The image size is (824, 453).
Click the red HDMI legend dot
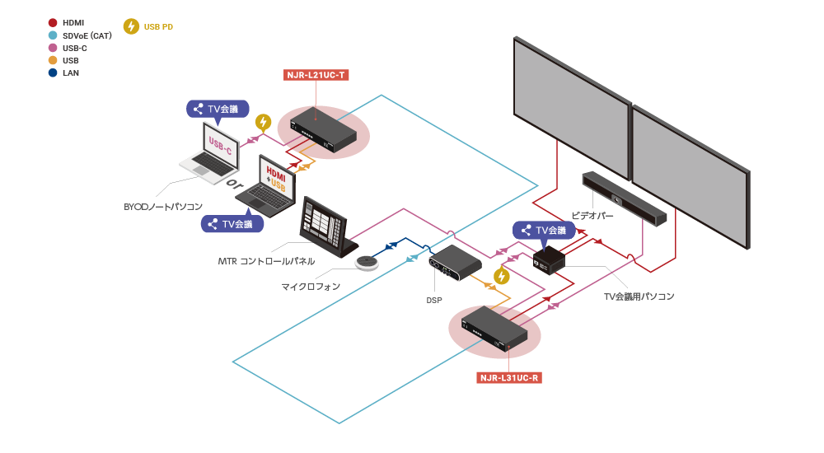(x=54, y=23)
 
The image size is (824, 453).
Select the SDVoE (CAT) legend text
(x=87, y=35)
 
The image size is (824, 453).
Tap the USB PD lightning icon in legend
(x=131, y=26)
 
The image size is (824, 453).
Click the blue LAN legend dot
(x=54, y=72)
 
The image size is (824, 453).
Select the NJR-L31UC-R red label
(x=508, y=379)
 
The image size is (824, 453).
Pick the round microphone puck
(x=366, y=262)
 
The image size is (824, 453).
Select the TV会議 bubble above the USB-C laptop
(x=215, y=108)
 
